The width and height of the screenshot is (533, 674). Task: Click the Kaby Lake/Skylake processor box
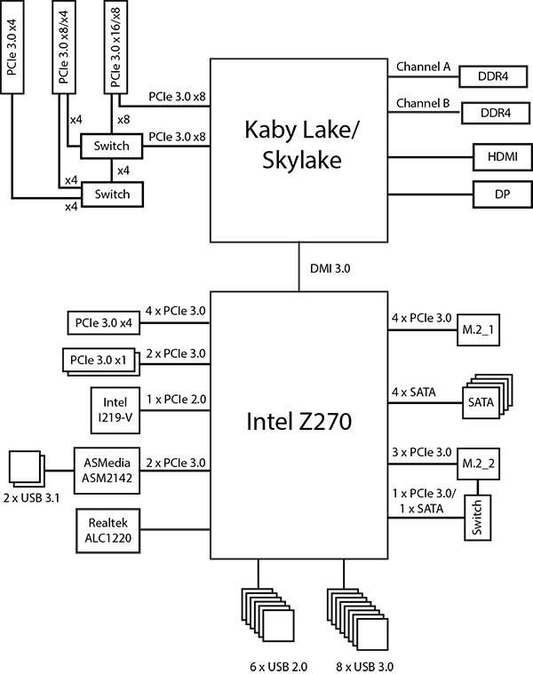(x=300, y=149)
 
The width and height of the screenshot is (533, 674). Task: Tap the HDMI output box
(x=497, y=158)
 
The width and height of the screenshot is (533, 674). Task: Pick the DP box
(x=497, y=194)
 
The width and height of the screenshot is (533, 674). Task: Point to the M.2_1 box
(x=479, y=330)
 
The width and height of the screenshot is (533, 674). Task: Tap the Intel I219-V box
(x=112, y=411)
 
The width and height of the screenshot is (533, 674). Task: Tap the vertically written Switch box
(x=478, y=518)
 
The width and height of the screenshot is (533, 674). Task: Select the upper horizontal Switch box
(x=111, y=146)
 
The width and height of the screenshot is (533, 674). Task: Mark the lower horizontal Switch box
(x=111, y=194)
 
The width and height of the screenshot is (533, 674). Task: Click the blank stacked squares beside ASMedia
(x=24, y=467)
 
